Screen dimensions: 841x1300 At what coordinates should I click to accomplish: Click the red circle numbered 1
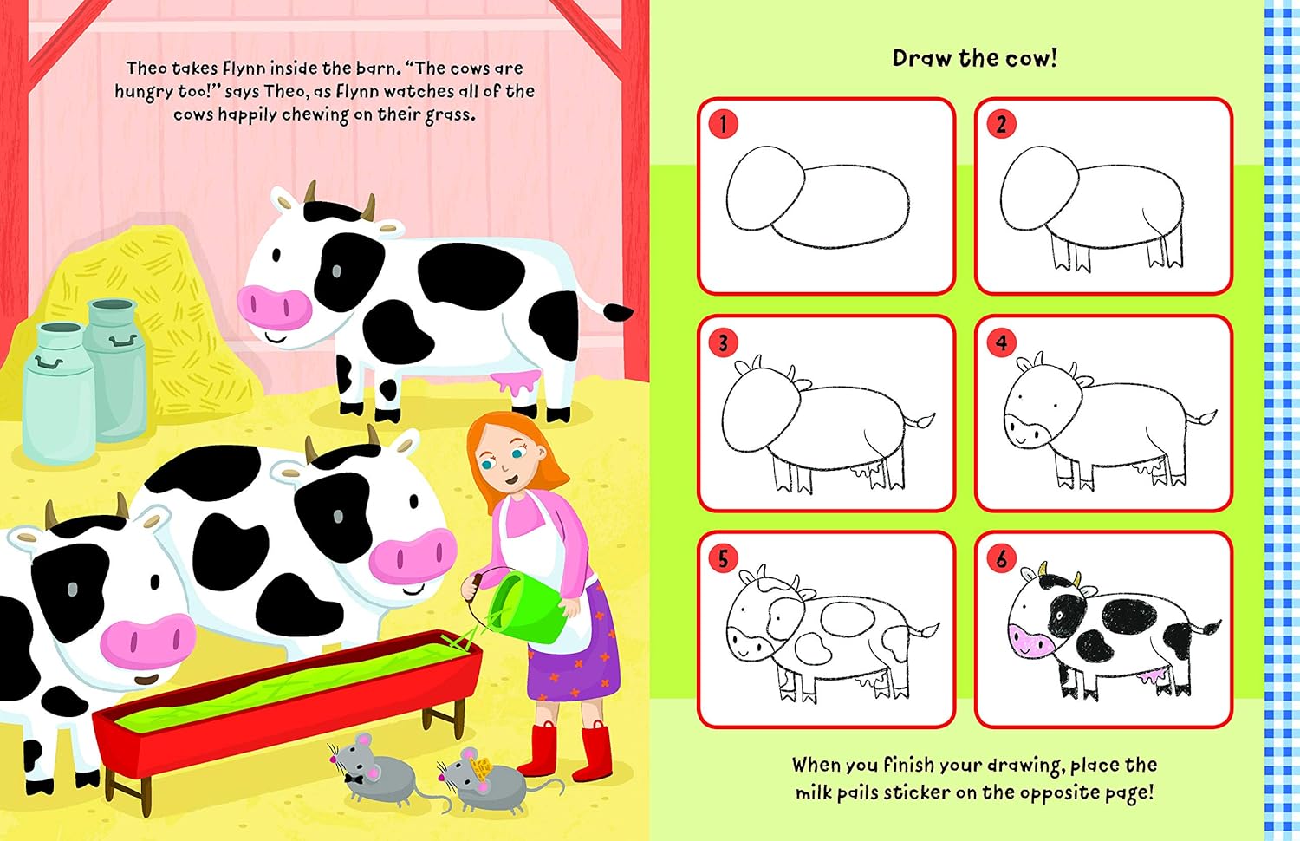[x=724, y=123]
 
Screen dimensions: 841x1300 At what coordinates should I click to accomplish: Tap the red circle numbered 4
[x=1001, y=342]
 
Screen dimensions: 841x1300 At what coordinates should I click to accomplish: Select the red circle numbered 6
[x=1001, y=558]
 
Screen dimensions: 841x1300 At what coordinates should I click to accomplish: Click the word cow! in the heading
[x=1030, y=58]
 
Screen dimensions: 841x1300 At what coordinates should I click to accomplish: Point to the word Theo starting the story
[x=146, y=68]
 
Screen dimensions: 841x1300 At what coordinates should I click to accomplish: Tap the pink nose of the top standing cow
[x=274, y=304]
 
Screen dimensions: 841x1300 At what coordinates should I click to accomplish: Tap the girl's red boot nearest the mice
[x=542, y=750]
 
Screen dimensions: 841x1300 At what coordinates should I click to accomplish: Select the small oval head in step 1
[x=763, y=186]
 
